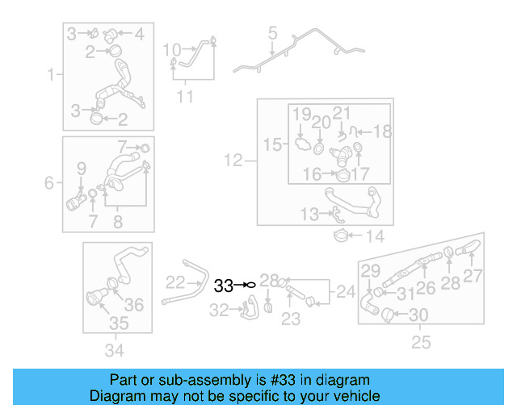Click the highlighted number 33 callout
click(x=224, y=286)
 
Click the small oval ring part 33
click(x=251, y=285)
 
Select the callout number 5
click(x=272, y=33)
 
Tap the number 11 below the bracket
click(x=185, y=97)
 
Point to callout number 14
click(x=375, y=236)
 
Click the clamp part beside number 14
click(x=341, y=236)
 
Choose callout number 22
click(x=175, y=282)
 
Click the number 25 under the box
click(x=421, y=342)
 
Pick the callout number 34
click(x=115, y=350)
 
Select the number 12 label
click(x=233, y=161)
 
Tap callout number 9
click(x=82, y=169)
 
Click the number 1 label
click(x=50, y=74)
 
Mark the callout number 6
click(x=48, y=182)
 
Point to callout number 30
click(x=418, y=315)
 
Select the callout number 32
click(x=219, y=310)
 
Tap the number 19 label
click(x=302, y=115)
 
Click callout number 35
click(x=119, y=323)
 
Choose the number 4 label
click(x=140, y=34)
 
